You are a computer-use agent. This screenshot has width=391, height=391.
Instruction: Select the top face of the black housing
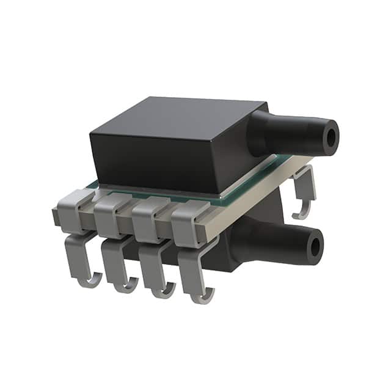(177, 116)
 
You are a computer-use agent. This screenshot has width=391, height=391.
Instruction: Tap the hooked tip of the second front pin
(127, 285)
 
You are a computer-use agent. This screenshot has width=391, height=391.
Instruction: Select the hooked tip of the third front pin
(164, 291)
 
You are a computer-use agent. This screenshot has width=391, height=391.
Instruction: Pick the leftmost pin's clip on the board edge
(72, 208)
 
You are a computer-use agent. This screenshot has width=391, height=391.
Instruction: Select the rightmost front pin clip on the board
(188, 226)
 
